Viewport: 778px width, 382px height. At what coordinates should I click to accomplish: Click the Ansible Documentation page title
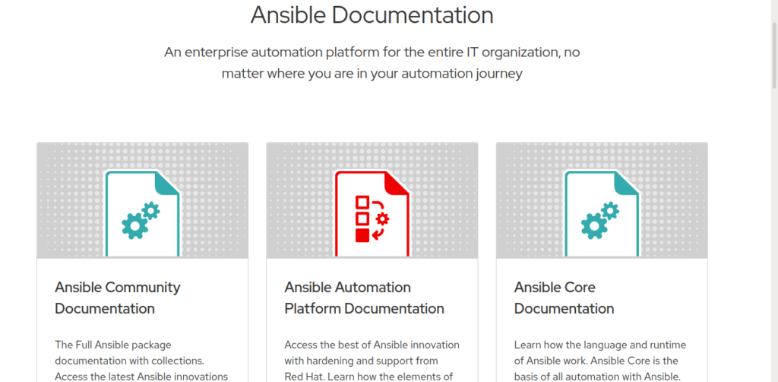pos(372,15)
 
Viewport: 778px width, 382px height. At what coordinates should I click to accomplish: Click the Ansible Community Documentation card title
pos(118,298)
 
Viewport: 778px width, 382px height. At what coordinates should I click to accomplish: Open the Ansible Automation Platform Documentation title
pos(364,298)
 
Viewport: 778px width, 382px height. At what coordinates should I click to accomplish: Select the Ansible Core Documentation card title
pos(565,298)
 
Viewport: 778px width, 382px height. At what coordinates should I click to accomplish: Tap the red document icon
pos(372,214)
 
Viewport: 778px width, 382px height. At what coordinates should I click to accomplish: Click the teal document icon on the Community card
pos(142,214)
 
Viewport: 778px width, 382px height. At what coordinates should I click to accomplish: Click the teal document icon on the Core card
pos(602,214)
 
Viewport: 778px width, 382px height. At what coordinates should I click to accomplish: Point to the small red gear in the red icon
pos(383,218)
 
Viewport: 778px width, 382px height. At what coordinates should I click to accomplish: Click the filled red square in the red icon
pos(362,235)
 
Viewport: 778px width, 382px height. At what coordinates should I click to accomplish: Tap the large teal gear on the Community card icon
pos(134,225)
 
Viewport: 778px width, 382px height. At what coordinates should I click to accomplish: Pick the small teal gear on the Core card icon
pos(610,211)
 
